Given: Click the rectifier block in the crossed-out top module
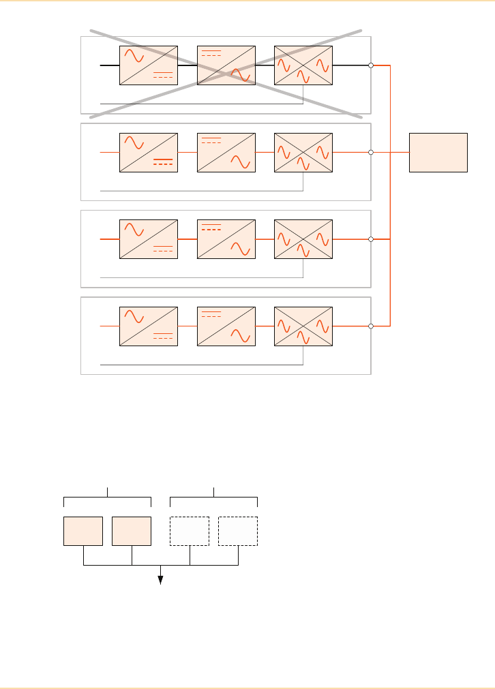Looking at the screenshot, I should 149,66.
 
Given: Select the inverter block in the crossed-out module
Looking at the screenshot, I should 226,66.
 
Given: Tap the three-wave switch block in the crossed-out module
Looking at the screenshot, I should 303,66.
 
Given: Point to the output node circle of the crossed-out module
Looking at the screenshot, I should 371,66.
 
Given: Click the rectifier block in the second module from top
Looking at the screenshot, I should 149,153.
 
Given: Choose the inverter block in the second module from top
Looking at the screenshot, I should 226,153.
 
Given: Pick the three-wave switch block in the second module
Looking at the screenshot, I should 303,153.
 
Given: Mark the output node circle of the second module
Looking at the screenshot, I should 371,153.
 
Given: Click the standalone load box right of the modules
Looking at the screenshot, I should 438,153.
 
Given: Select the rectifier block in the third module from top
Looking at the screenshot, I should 149,239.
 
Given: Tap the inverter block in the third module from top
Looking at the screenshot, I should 226,239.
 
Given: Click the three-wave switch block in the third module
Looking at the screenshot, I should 303,239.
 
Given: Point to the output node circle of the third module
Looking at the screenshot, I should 371,239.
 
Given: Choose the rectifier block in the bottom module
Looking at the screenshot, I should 149,326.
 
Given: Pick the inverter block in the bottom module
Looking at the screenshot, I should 226,326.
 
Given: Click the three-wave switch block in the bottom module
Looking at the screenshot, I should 303,326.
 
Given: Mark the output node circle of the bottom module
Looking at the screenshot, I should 371,326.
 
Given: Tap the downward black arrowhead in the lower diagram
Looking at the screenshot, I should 161,579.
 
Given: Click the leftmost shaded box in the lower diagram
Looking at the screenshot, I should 83,531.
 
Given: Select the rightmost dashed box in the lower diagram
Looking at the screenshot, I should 238,531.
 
